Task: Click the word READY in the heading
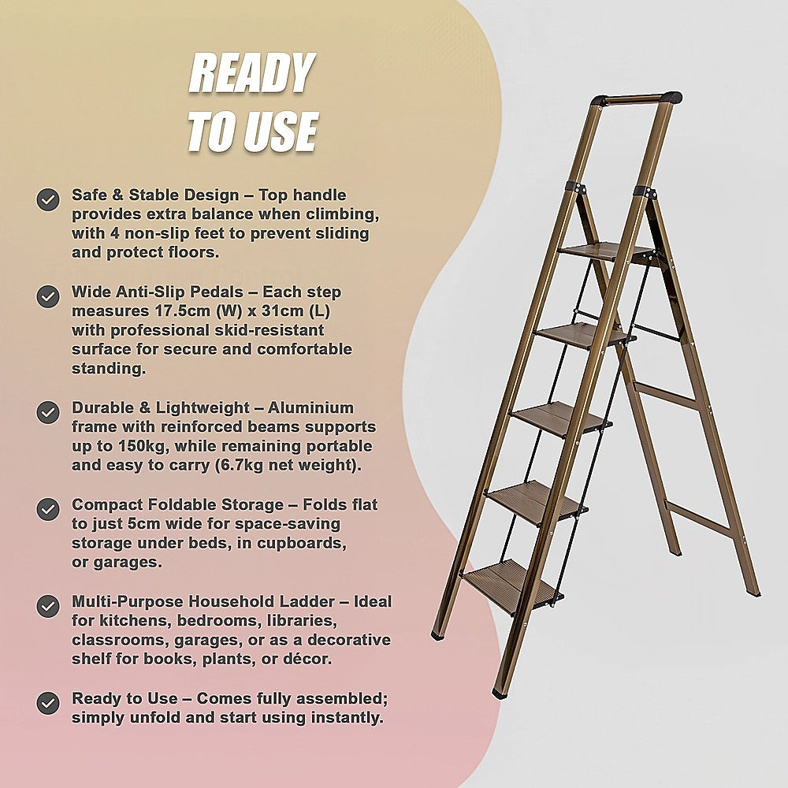tap(252, 76)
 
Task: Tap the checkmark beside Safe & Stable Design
tap(48, 199)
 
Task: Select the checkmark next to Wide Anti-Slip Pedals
tap(48, 296)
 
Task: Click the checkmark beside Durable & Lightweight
tap(48, 412)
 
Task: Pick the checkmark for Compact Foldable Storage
tap(48, 509)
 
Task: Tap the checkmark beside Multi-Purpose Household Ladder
tap(48, 606)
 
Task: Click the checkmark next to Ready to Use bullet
tap(48, 703)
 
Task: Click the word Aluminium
tap(310, 408)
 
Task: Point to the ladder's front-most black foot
tap(500, 693)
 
